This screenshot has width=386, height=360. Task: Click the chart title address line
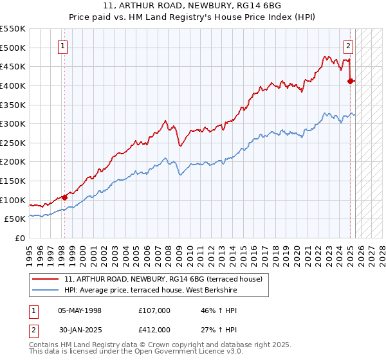(x=192, y=5)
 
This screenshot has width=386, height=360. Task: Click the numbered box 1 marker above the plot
(x=63, y=46)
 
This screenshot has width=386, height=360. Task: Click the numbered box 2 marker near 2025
(x=348, y=46)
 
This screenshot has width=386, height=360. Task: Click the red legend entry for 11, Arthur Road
(x=163, y=280)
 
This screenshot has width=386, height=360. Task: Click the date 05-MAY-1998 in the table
(x=80, y=310)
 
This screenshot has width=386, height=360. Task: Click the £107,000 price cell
(x=154, y=310)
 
